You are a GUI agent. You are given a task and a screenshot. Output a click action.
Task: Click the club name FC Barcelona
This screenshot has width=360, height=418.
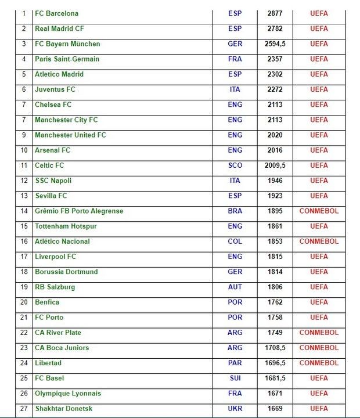[x=56, y=13]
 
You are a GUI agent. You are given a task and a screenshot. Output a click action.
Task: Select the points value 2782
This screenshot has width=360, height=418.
[x=275, y=28]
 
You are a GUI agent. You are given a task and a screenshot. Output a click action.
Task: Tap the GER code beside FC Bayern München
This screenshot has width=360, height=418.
[x=235, y=44]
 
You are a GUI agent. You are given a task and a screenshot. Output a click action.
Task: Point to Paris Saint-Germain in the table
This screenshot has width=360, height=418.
[x=67, y=59]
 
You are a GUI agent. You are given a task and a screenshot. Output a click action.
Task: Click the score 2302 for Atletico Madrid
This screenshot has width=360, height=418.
[x=275, y=74]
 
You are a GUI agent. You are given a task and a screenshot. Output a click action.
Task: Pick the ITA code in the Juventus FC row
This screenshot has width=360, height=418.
[x=235, y=89]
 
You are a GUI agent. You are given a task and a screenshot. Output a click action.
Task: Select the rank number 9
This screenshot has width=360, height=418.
[x=24, y=135]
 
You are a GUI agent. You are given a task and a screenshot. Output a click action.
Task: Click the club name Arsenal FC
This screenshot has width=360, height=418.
[x=52, y=150]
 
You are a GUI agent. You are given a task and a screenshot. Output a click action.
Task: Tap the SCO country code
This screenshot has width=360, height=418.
[x=235, y=165]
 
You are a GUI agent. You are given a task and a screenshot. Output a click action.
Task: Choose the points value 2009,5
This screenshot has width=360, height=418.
[x=275, y=165]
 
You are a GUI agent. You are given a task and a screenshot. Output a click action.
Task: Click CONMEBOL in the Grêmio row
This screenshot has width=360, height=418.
[x=319, y=211]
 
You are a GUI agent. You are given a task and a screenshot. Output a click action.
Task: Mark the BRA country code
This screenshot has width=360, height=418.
[x=235, y=211]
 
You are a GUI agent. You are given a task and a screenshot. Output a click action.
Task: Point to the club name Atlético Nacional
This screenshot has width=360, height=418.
[x=62, y=242]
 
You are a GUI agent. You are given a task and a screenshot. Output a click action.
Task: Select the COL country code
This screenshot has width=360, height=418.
[x=235, y=242]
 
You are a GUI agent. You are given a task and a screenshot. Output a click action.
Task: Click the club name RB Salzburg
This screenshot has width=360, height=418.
[x=55, y=287]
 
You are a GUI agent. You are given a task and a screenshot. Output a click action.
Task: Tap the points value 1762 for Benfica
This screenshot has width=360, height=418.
[x=275, y=302]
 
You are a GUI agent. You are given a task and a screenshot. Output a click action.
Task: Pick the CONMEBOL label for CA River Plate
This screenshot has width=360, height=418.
[x=319, y=333]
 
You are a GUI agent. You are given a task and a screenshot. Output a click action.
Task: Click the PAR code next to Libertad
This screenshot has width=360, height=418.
[x=235, y=363]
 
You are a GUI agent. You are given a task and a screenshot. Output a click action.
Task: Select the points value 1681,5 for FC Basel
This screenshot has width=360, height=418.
[x=275, y=379]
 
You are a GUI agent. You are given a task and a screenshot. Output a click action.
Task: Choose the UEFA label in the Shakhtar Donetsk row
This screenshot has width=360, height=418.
[x=319, y=409]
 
